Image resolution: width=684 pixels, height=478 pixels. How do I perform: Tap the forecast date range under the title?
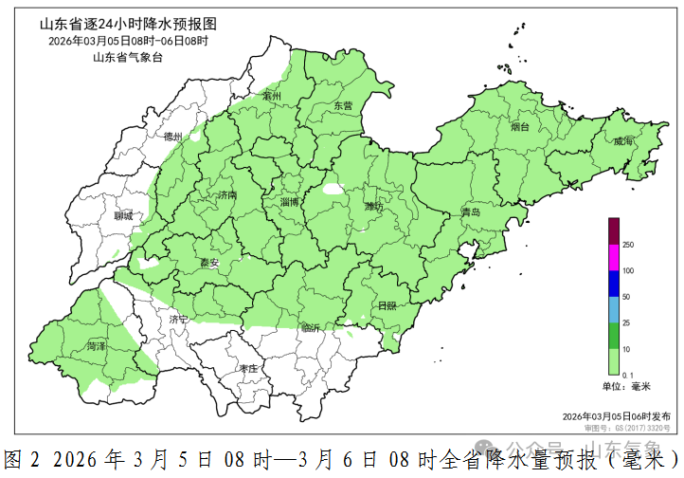click(128, 42)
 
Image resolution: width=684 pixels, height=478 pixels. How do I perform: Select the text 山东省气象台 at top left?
click(128, 58)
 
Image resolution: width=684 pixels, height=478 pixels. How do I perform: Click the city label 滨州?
click(273, 97)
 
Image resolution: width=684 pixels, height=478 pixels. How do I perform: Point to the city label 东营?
click(342, 106)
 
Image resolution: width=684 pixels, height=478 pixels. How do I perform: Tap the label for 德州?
click(172, 137)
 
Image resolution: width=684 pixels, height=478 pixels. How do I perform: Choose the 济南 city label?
click(227, 194)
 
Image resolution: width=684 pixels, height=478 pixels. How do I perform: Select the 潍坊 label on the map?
click(373, 206)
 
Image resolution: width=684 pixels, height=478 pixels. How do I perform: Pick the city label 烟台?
click(520, 126)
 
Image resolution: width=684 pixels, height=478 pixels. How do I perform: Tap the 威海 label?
click(623, 141)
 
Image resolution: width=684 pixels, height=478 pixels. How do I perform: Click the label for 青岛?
click(471, 212)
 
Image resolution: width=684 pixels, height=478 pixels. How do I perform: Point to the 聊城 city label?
click(123, 216)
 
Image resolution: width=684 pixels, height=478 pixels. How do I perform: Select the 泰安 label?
click(209, 263)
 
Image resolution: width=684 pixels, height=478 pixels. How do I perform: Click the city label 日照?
click(387, 305)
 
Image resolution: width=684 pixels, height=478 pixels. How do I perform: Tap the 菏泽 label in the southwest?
click(96, 347)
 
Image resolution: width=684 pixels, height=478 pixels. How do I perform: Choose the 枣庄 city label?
click(249, 368)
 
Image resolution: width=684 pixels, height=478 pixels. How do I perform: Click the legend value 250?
click(627, 245)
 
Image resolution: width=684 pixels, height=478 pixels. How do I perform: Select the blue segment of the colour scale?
click(613, 284)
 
